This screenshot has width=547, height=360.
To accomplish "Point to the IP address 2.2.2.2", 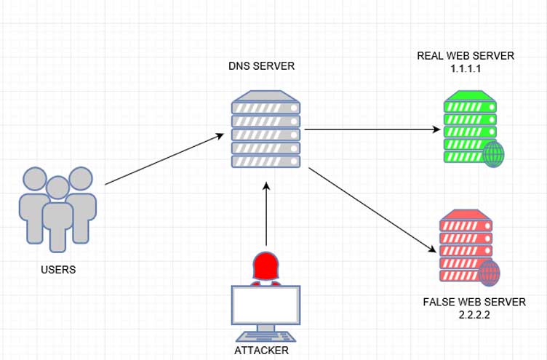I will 473,314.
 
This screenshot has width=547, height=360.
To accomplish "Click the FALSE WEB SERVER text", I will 473,301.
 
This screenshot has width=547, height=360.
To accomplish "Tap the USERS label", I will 58,269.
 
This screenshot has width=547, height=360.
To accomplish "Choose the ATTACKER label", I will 262,350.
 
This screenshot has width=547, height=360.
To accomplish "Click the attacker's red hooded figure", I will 265,267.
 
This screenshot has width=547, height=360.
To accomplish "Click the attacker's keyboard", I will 265,335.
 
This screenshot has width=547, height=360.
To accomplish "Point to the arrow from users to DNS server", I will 164,159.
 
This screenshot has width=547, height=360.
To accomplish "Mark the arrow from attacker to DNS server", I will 267,215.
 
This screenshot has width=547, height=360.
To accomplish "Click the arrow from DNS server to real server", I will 372,129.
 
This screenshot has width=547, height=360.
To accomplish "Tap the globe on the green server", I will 495,154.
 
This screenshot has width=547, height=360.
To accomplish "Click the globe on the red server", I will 490,273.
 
